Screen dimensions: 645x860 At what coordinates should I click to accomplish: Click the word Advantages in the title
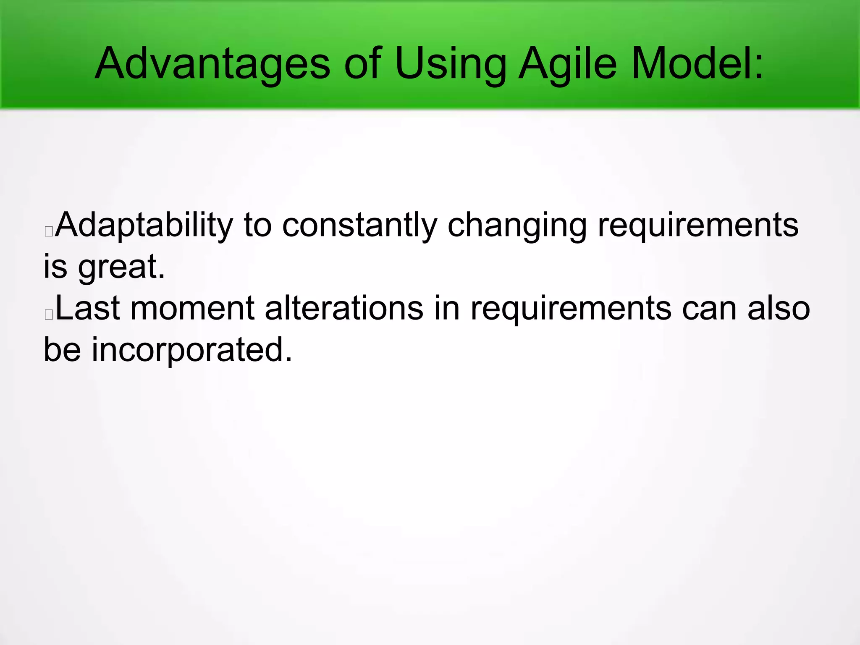click(x=212, y=64)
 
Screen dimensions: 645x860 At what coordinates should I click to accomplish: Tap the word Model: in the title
click(x=697, y=64)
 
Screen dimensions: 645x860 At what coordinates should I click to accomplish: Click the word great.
click(x=122, y=267)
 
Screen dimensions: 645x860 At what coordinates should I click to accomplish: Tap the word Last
click(x=88, y=308)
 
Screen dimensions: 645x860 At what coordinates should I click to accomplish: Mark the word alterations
click(x=344, y=308)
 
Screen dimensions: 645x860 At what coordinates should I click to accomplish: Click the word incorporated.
click(x=191, y=349)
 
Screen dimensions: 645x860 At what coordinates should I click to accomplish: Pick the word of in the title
click(x=362, y=64)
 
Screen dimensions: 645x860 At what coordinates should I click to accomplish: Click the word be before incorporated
click(x=62, y=349)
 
